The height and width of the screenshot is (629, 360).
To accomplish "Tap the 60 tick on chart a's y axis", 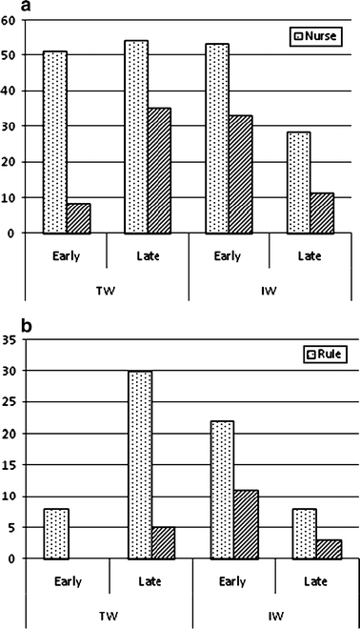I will [9, 20].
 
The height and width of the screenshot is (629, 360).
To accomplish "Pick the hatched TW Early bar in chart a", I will [79, 218].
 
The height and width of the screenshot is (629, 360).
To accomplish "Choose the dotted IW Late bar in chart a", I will [297, 182].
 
